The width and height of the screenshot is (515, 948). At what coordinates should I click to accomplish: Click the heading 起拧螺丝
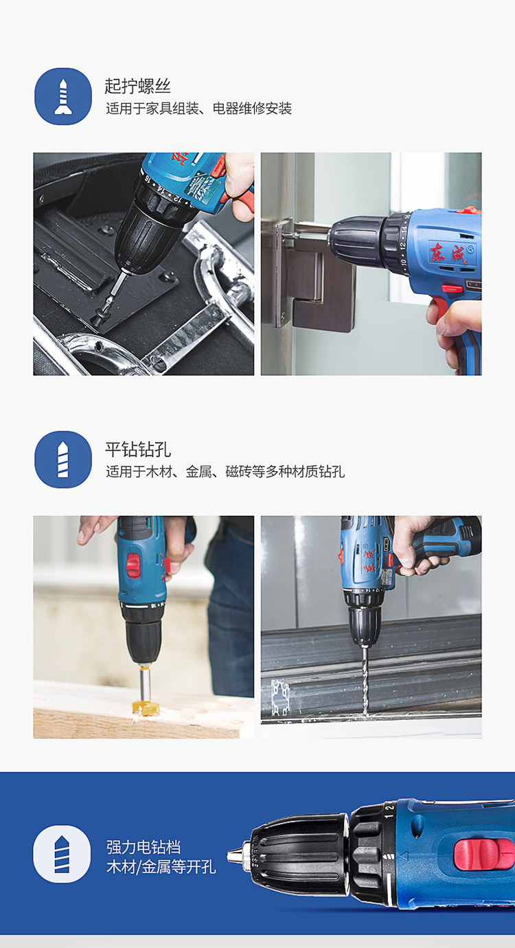(137, 87)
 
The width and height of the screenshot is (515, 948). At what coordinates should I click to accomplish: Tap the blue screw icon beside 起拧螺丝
(63, 96)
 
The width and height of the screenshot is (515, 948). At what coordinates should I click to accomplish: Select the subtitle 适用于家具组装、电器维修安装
(198, 109)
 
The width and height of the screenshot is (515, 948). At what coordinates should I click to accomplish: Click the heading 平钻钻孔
(138, 449)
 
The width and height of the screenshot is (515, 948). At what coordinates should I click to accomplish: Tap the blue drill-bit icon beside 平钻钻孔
(63, 460)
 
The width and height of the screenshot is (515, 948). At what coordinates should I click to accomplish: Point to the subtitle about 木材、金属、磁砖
(225, 471)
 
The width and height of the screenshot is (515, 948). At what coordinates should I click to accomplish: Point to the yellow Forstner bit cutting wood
(146, 707)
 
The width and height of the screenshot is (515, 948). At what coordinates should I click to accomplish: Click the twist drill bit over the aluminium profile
(365, 680)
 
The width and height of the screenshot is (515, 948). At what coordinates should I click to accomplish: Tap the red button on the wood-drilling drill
(133, 566)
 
